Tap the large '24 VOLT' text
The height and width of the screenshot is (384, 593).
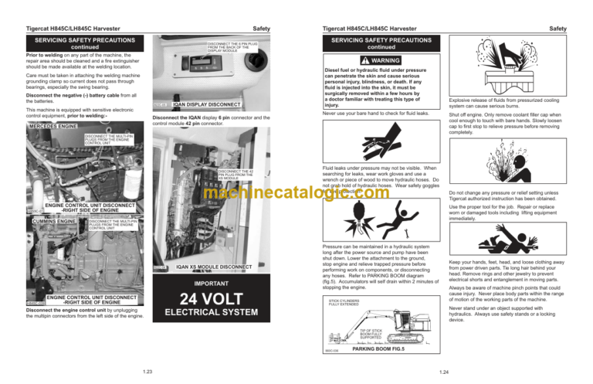pyautogui.click(x=212, y=297)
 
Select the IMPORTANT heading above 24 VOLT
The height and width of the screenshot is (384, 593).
pyautogui.click(x=212, y=283)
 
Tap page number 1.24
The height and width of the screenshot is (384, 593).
pyautogui.click(x=443, y=372)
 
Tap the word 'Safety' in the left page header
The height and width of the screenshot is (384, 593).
pyautogui.click(x=261, y=29)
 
